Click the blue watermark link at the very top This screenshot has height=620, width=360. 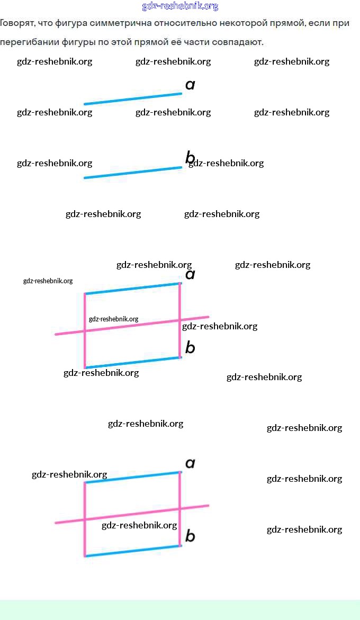(180, 6)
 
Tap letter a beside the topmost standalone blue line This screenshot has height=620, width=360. (190, 85)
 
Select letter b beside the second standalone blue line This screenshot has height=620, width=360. (190, 158)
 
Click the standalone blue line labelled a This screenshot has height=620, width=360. (132, 99)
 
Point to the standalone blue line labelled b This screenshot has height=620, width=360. (132, 173)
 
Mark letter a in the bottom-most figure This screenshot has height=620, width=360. (190, 464)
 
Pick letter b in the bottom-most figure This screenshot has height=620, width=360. (190, 536)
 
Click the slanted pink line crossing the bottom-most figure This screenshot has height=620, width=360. (132, 514)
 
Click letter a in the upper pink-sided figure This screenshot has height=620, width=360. (190, 274)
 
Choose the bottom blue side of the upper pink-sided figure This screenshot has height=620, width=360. (132, 363)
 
